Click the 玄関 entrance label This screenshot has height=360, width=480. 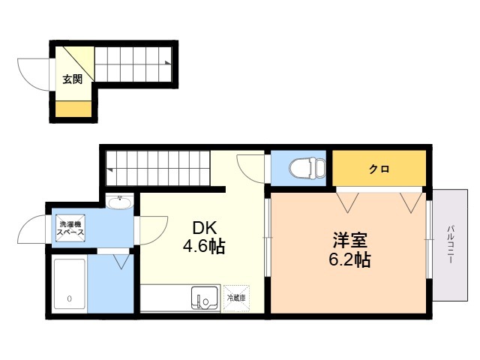tap(73, 79)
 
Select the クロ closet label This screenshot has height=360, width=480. tap(379, 169)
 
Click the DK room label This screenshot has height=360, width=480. tap(204, 228)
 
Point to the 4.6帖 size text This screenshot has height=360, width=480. tap(204, 246)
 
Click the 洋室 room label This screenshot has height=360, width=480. tap(350, 240)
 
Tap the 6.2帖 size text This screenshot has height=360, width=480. tap(350, 260)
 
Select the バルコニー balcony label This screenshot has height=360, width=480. tap(450, 244)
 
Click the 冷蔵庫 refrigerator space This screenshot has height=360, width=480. tap(236, 298)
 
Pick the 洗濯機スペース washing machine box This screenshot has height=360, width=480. tap(70, 228)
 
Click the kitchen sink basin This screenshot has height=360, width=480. tap(205, 298)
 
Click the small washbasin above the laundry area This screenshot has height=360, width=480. tap(120, 202)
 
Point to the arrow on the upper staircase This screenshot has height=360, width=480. tap(168, 63)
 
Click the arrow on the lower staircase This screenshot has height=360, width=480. tap(109, 169)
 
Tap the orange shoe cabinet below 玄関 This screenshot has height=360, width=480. tap(73, 109)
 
